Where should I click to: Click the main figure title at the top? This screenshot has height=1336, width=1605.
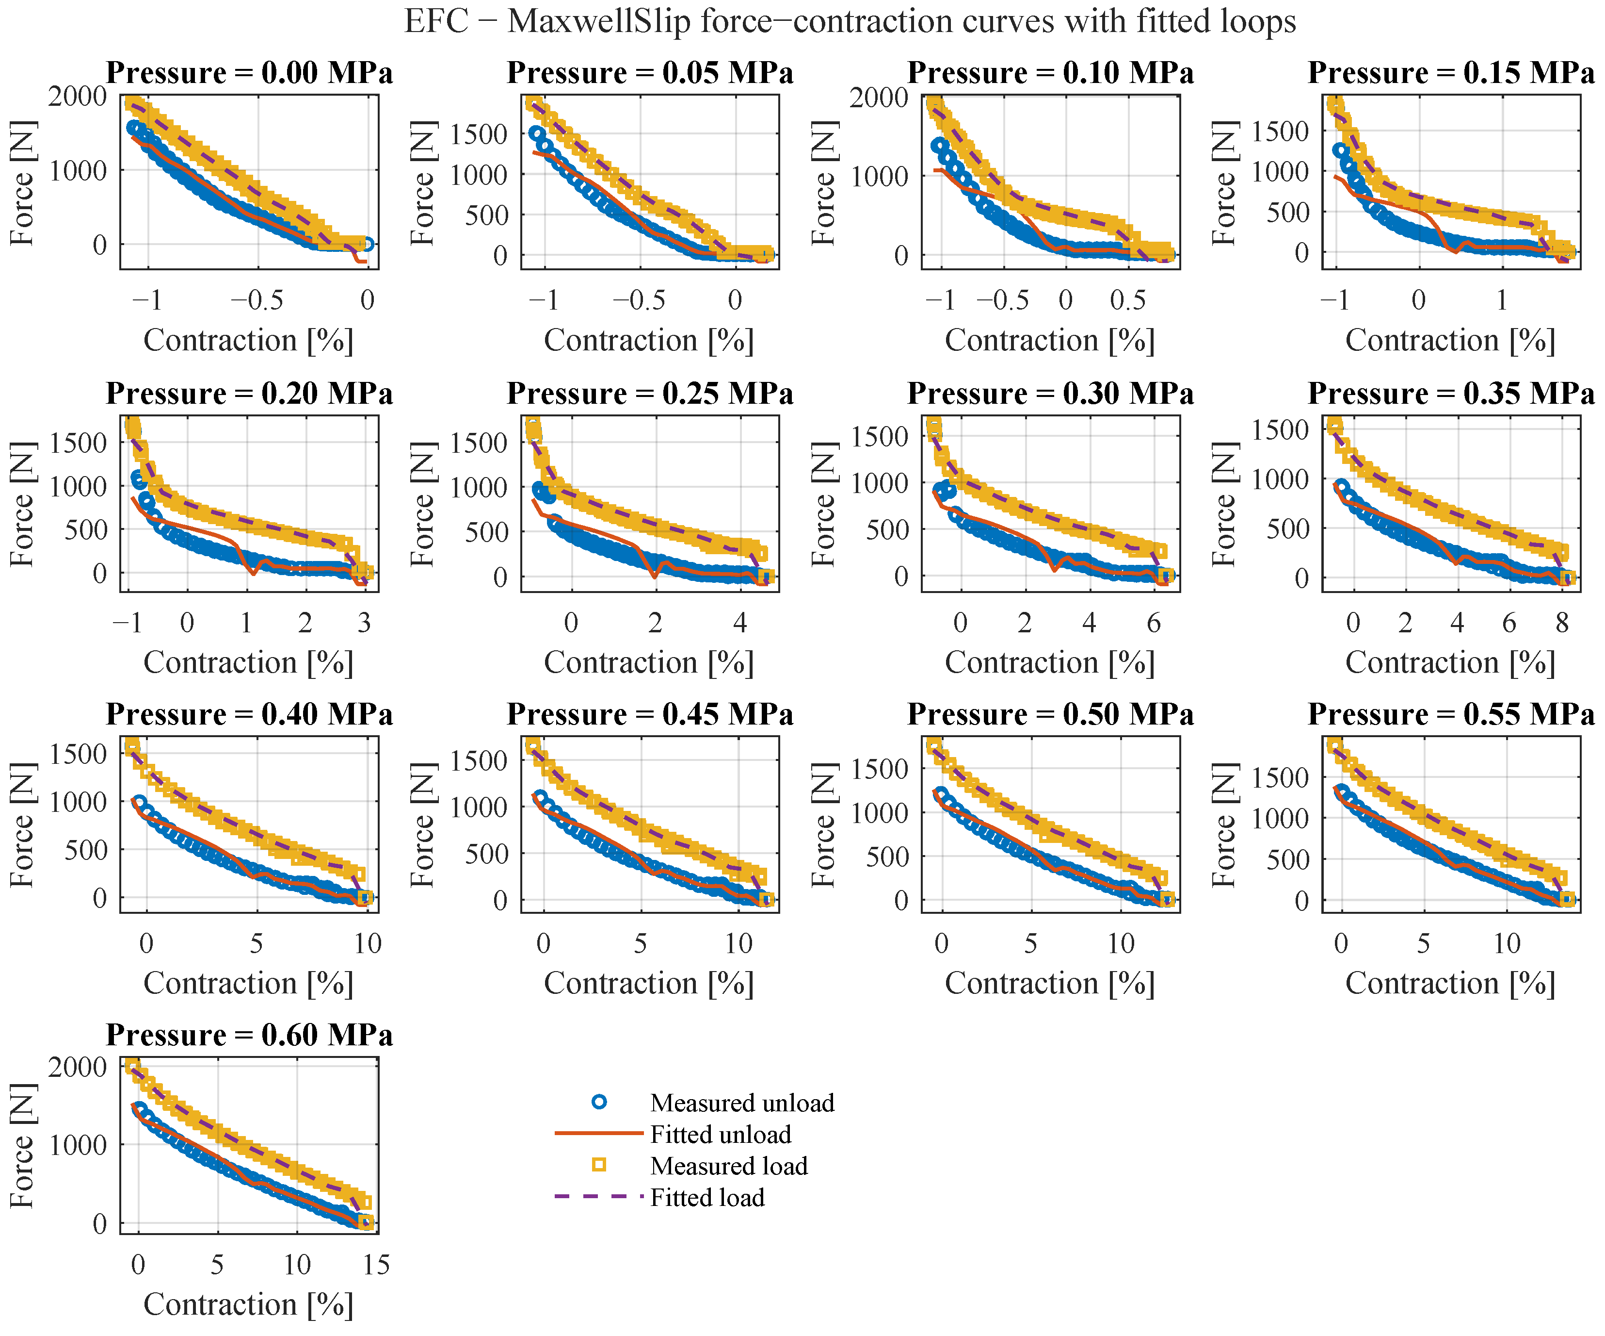[x=850, y=21]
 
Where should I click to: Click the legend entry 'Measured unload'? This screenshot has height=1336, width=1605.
[x=742, y=1103]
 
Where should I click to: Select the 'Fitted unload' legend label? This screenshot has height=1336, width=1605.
[x=721, y=1134]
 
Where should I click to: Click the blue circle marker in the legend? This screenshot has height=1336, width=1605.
[x=599, y=1102]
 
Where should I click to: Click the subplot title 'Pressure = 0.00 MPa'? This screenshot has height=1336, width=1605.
[x=249, y=73]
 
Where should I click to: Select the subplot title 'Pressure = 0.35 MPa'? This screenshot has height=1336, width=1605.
[x=1451, y=393]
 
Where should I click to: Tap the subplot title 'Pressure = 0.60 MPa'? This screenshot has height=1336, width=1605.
[x=249, y=1035]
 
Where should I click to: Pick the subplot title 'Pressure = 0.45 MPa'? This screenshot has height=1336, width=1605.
[x=650, y=714]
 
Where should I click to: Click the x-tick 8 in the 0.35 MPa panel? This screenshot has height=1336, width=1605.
[x=1561, y=623]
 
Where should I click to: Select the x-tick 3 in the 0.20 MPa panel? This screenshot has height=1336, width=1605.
[x=365, y=623]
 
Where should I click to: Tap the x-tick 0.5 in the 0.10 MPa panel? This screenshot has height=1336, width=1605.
[x=1128, y=300]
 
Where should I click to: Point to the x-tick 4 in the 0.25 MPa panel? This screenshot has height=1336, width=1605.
[x=740, y=623]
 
